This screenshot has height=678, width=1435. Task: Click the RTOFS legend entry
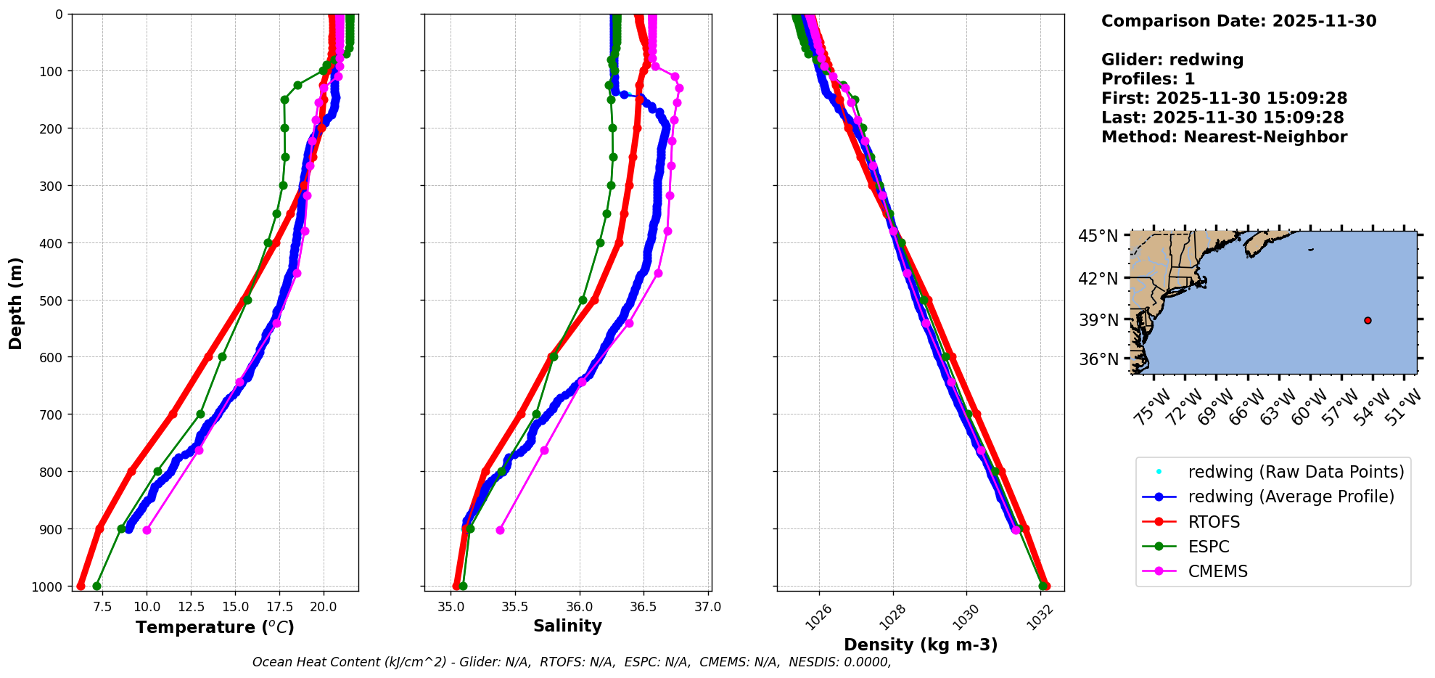[x=1214, y=522]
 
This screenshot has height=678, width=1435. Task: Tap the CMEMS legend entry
[x=1217, y=571]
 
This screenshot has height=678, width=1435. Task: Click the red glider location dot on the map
[x=1368, y=320]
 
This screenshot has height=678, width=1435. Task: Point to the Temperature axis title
[x=215, y=627]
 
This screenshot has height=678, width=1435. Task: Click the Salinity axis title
[x=567, y=626]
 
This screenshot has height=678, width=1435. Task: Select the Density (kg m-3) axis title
[x=921, y=645]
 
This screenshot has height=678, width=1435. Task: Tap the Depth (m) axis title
[x=16, y=303]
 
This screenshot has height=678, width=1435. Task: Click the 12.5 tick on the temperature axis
[x=191, y=606]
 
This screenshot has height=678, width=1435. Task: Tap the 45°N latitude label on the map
[x=1098, y=236]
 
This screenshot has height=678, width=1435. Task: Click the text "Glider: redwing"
[x=1172, y=60]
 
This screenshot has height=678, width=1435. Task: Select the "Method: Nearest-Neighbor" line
[x=1224, y=136]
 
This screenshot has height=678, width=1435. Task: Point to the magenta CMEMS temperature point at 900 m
[x=147, y=530]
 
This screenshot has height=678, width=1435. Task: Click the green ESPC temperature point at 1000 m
[x=96, y=586]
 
